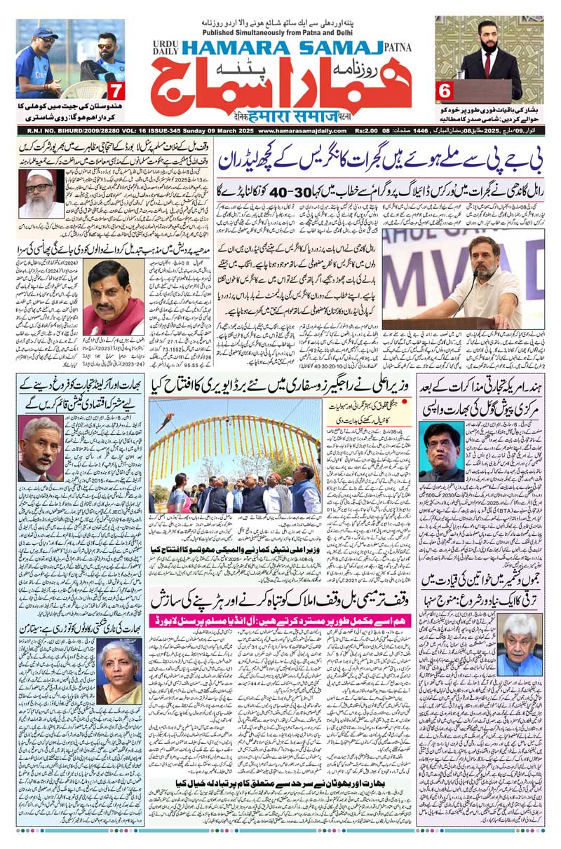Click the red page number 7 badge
(116, 90)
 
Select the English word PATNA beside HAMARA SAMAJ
(398, 48)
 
